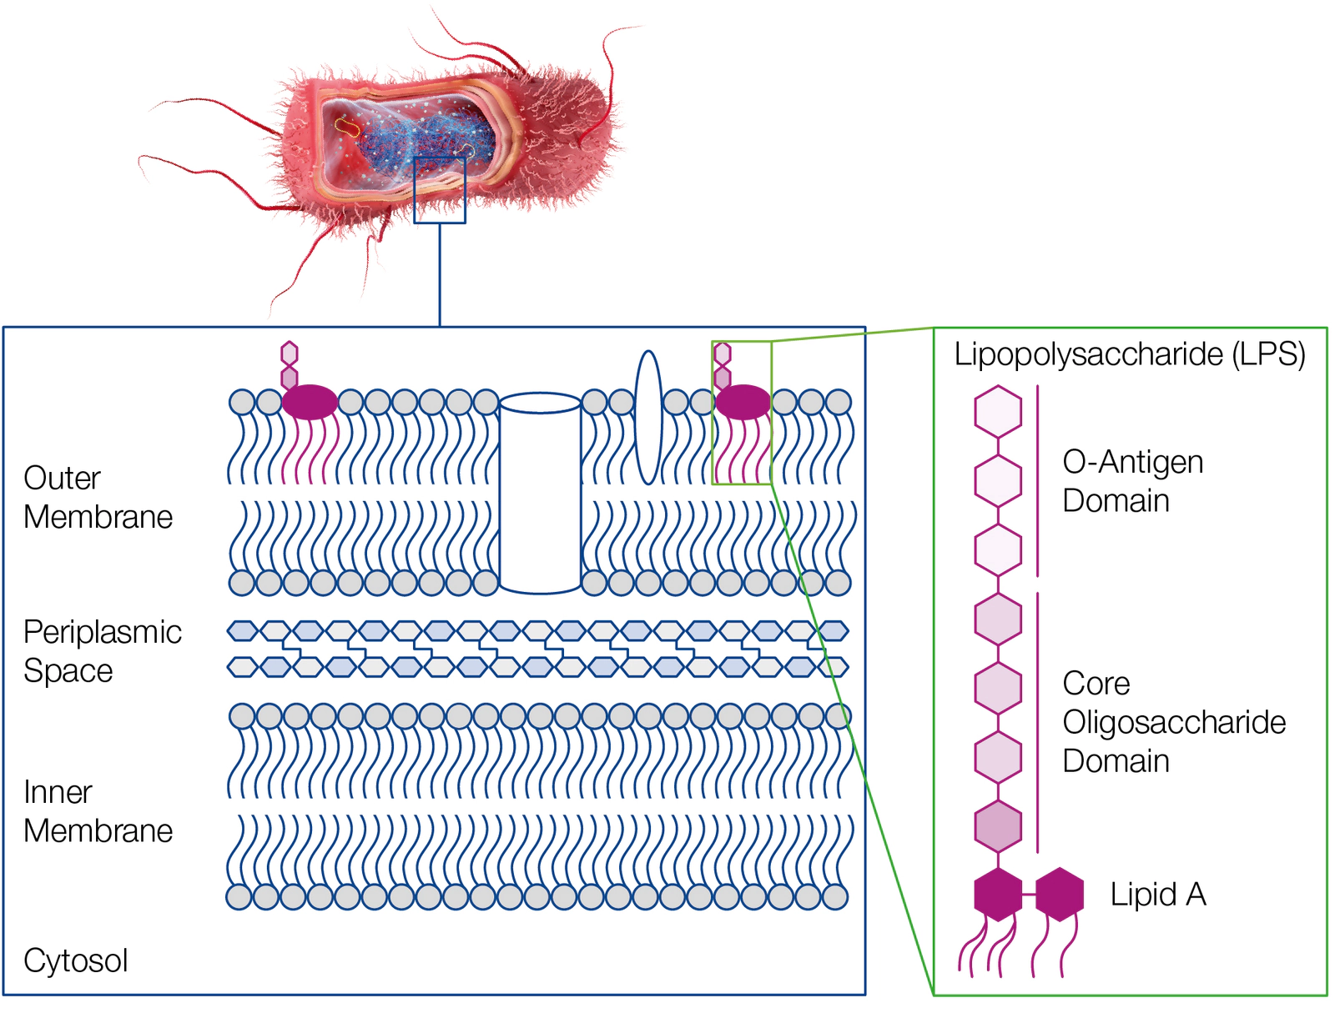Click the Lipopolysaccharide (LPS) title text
pyautogui.click(x=1130, y=354)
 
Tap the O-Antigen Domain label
pyautogui.click(x=1132, y=481)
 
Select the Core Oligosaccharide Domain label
pyautogui.click(x=1174, y=722)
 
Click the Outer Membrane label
pyautogui.click(x=98, y=497)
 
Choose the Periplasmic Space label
pyautogui.click(x=102, y=651)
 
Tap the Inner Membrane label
pyautogui.click(x=98, y=811)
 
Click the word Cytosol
pyautogui.click(x=75, y=960)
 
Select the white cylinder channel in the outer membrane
pyautogui.click(x=540, y=493)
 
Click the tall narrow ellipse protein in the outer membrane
pyautogui.click(x=648, y=418)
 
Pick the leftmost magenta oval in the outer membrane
pyautogui.click(x=310, y=402)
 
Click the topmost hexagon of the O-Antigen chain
pyautogui.click(x=998, y=412)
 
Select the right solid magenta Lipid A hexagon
pyautogui.click(x=1060, y=894)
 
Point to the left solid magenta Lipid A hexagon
pyautogui.click(x=998, y=894)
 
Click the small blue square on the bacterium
pyautogui.click(x=440, y=190)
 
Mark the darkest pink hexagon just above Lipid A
pyautogui.click(x=998, y=826)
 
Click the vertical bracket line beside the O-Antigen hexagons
pyautogui.click(x=1038, y=480)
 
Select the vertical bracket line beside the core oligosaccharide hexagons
pyautogui.click(x=1038, y=722)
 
